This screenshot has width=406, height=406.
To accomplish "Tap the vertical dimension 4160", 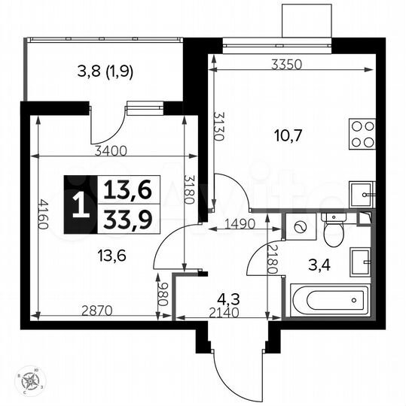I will point(44,217).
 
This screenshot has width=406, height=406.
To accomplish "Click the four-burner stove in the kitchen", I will point(362,134).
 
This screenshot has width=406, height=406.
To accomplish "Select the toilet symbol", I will point(331,229).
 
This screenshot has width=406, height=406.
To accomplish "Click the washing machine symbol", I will point(299,226).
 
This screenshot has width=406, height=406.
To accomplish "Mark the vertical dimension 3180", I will point(189,194).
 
